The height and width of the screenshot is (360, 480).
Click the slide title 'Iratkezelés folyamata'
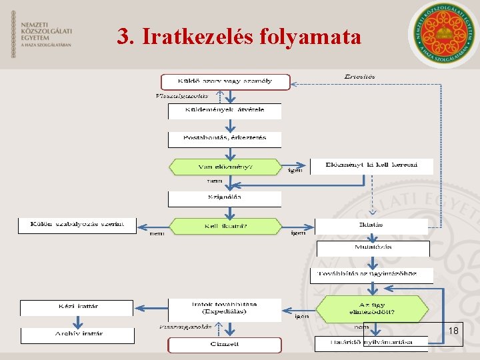(x=239, y=36)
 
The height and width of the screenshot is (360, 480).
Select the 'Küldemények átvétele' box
(x=225, y=111)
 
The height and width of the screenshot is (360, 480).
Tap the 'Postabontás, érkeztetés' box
(x=225, y=139)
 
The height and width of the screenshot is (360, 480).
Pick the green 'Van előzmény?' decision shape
(x=226, y=167)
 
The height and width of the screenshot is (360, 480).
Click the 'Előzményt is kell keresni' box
(x=372, y=166)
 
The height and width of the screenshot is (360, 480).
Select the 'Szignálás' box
(x=225, y=199)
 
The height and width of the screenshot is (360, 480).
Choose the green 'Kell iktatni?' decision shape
(x=226, y=227)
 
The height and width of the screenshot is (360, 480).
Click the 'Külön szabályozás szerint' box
(x=77, y=225)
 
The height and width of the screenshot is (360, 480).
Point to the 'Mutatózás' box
(x=373, y=249)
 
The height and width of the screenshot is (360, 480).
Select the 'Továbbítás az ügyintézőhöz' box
(x=372, y=275)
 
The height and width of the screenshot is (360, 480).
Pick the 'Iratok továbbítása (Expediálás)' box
(x=225, y=309)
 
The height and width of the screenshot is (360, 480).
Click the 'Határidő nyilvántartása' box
(x=372, y=343)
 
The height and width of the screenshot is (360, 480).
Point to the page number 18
(x=453, y=331)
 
